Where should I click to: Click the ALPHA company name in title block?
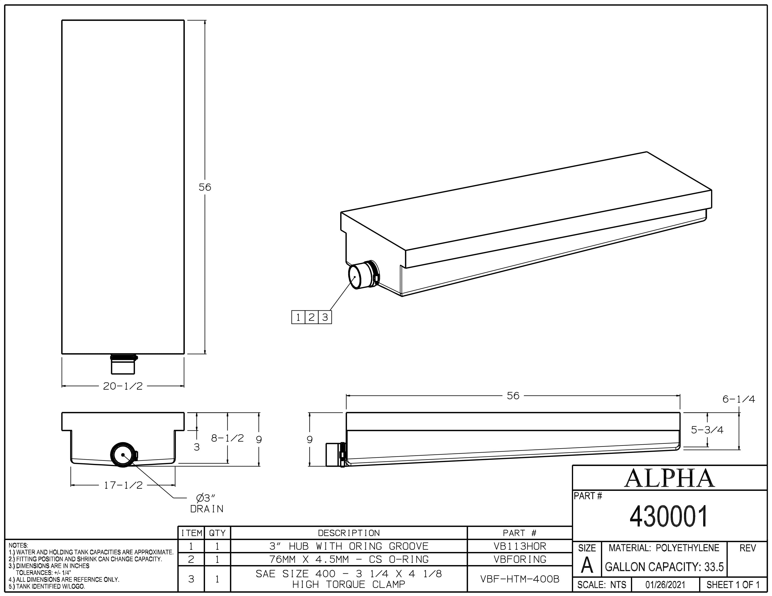669,478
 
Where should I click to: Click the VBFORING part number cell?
520,559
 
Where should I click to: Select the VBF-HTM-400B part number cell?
520,579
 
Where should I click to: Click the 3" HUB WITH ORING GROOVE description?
349,546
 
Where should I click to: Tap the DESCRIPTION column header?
349,533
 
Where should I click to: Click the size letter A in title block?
587,566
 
